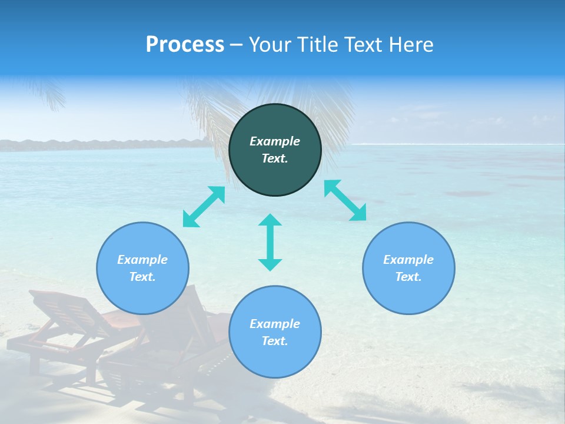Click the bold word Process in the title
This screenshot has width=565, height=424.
pos(185,45)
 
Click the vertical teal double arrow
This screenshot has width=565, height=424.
pos(270,242)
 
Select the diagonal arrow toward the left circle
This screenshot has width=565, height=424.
pos(204,207)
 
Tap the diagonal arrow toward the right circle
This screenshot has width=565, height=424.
pos(345,200)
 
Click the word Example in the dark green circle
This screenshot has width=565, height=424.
pos(275,141)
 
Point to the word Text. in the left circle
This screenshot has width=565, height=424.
pos(142,277)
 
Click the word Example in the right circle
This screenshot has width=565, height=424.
pos(408,260)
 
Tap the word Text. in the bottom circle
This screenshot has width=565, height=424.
pos(275,341)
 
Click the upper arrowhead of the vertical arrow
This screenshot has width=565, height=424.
pos(270,220)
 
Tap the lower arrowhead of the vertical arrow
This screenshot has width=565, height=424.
pos(270,264)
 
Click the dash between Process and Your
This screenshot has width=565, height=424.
pos(237,45)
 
